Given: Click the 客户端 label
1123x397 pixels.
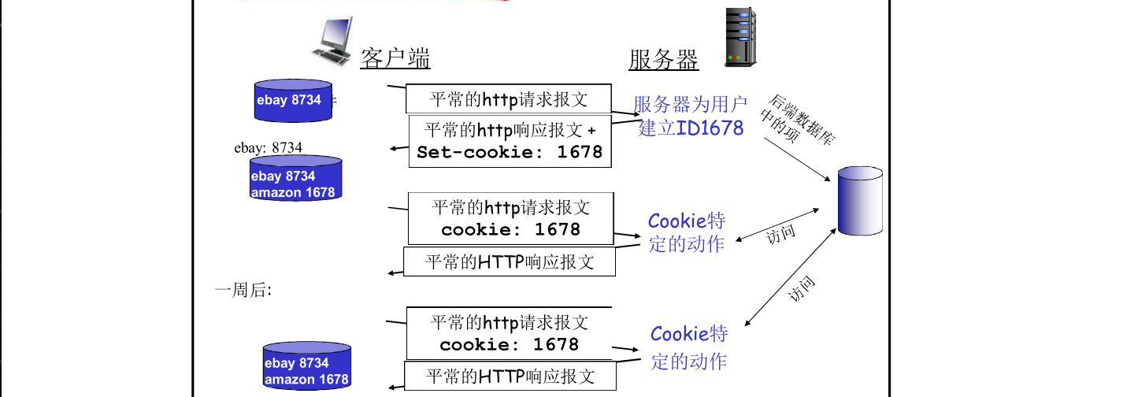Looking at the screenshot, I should click(x=395, y=59).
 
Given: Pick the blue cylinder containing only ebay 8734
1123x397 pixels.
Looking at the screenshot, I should click(x=293, y=101).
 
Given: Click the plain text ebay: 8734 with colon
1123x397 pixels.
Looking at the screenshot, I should click(x=268, y=147).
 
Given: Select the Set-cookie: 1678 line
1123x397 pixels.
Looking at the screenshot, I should click(x=510, y=152).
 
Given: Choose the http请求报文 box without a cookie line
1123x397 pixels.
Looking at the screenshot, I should click(x=509, y=99).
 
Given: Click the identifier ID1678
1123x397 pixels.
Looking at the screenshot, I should click(x=710, y=128).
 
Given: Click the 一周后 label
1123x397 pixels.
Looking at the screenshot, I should click(x=243, y=290).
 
